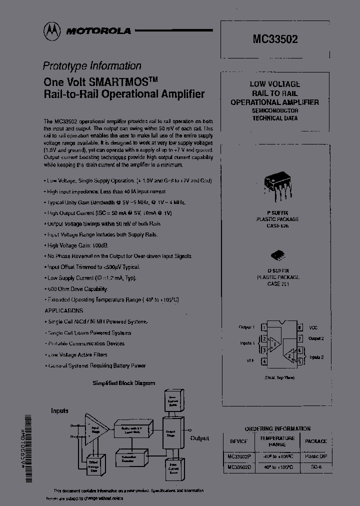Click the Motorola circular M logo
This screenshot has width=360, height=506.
pyautogui.click(x=51, y=31)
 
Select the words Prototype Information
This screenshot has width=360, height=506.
pyautogui.click(x=92, y=65)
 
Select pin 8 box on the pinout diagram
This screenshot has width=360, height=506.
pyautogui.click(x=299, y=327)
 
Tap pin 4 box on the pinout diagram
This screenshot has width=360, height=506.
pyautogui.click(x=263, y=360)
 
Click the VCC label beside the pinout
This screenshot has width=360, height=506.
pyautogui.click(x=313, y=327)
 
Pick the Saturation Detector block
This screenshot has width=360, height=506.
pyautogui.click(x=130, y=457)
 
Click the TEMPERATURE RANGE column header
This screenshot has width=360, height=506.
pyautogui.click(x=277, y=440)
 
